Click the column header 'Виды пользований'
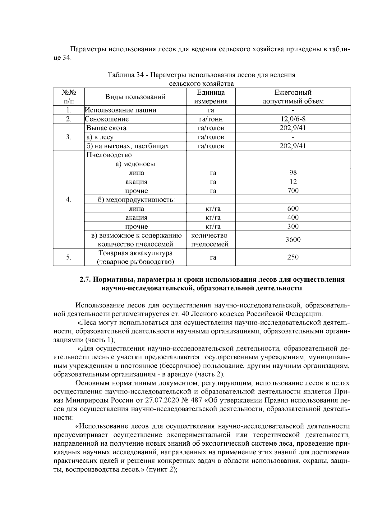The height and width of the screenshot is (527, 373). click(x=135, y=97)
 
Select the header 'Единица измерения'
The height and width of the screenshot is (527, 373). click(x=211, y=97)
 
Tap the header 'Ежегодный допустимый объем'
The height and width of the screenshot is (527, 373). click(x=293, y=97)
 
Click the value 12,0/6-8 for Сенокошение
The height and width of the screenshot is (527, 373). click(x=293, y=119)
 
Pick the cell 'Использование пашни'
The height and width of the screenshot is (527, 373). click(x=121, y=110)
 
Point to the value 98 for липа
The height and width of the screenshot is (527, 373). click(x=293, y=173)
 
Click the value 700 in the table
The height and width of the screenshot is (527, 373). click(x=293, y=191)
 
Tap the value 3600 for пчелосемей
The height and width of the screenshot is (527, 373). click(x=293, y=240)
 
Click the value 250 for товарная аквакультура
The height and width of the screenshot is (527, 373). click(x=293, y=257)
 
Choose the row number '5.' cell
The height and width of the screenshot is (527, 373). click(x=69, y=257)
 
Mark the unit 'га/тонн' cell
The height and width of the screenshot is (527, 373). click(x=211, y=119)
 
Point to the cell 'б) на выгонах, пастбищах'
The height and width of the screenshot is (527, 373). click(x=127, y=146)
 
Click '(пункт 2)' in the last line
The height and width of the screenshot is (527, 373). click(x=161, y=470)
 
